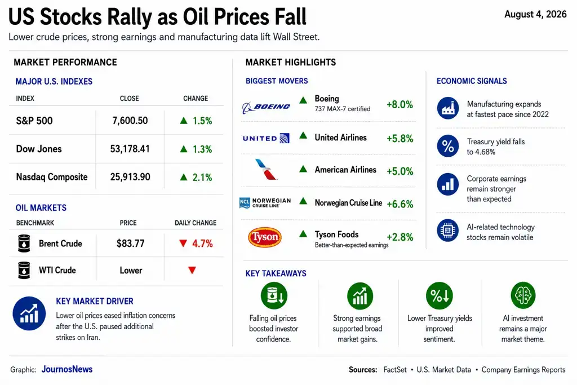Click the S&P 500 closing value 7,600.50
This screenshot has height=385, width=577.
pos(130,121)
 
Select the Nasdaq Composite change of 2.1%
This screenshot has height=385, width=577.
pos(196,178)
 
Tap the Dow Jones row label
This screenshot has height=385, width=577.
pos(39,149)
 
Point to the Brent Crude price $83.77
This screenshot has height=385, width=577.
pos(130,244)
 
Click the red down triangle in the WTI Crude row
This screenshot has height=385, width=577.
pos(192,270)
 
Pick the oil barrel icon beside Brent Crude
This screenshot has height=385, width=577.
pos(24,244)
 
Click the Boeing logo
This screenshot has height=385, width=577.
pos(266,107)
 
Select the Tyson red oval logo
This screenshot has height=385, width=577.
pos(265,237)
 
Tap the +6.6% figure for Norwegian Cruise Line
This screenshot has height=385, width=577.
pos(400,204)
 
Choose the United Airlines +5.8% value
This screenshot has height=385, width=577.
pos(400,139)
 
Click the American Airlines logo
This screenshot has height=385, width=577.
pos(265,169)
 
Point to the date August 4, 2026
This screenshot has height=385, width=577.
pos(535,14)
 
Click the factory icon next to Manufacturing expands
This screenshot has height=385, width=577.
pos(448,108)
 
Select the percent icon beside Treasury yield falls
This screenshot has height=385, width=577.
pos(448,146)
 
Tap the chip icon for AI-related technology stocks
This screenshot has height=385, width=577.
pos(448,231)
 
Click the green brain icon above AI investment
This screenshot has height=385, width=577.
pos(523,295)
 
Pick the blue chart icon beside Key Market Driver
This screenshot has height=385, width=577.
pos(29,313)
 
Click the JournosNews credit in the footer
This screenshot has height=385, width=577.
pos(67,369)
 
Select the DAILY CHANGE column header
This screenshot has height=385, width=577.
pos(196,223)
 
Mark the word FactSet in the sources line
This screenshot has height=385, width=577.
pos(395,370)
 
